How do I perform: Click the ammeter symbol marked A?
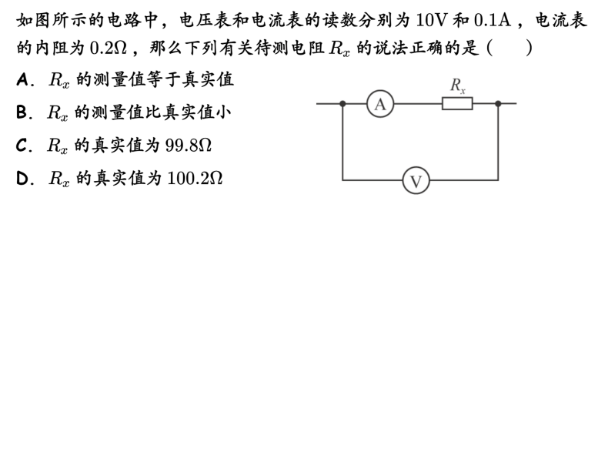[380, 104]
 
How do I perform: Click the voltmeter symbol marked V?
[416, 180]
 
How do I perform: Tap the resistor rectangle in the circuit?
[457, 103]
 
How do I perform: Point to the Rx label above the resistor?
[458, 85]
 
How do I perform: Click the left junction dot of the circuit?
[342, 103]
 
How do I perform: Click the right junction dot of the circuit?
[498, 103]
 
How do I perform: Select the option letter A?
[22, 80]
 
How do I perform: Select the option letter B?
[22, 112]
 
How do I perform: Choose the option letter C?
[22, 146]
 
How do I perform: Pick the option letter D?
[22, 179]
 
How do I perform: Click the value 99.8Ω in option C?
[189, 146]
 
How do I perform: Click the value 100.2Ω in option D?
[195, 178]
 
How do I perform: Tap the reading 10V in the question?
[430, 20]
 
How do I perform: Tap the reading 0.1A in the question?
[493, 20]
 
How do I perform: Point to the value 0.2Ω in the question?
[108, 48]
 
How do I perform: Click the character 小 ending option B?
[223, 112]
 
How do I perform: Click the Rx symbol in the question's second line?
[339, 49]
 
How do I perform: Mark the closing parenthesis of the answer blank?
[529, 48]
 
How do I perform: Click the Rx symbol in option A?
[59, 81]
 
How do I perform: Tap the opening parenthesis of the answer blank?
[489, 48]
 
